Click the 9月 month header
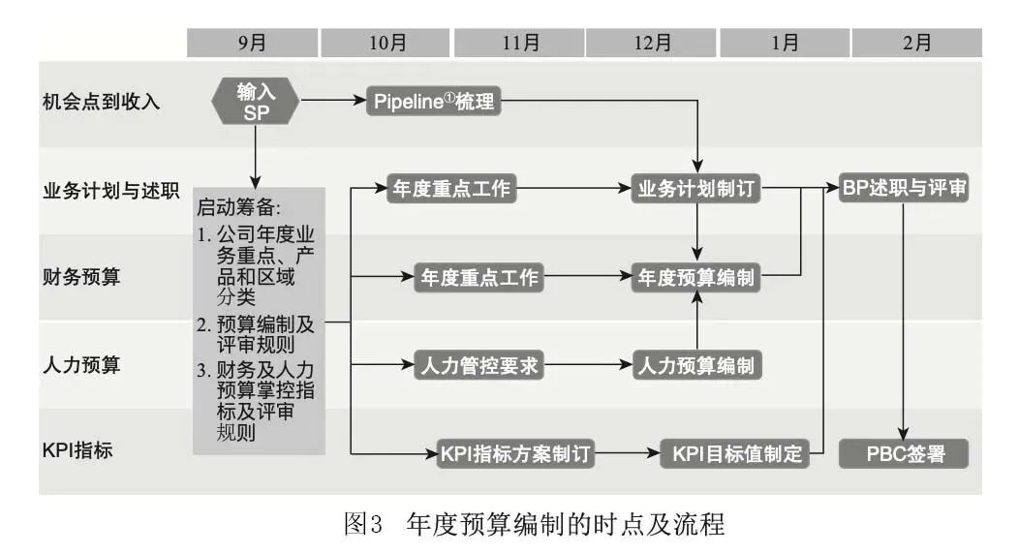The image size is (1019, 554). click(252, 43)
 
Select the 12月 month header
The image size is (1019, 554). click(651, 43)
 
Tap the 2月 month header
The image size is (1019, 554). click(916, 43)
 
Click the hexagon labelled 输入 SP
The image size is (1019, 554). click(256, 102)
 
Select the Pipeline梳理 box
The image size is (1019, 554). click(434, 102)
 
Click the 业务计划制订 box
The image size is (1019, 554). click(696, 188)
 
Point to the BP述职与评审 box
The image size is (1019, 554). click(904, 188)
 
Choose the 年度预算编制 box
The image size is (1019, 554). click(696, 277)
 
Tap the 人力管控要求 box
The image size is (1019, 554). click(479, 365)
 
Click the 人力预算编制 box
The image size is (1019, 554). click(696, 365)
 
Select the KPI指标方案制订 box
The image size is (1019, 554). click(515, 453)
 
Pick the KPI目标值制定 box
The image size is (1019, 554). click(735, 453)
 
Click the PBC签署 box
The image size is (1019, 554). click(904, 453)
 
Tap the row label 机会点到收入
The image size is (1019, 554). click(101, 102)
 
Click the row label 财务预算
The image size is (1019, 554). click(81, 277)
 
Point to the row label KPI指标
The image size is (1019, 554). click(77, 449)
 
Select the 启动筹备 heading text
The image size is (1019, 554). click(238, 207)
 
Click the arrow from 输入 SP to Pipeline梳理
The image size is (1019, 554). click(333, 101)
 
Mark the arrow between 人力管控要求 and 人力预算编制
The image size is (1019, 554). click(588, 365)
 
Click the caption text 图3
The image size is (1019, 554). click(362, 524)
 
